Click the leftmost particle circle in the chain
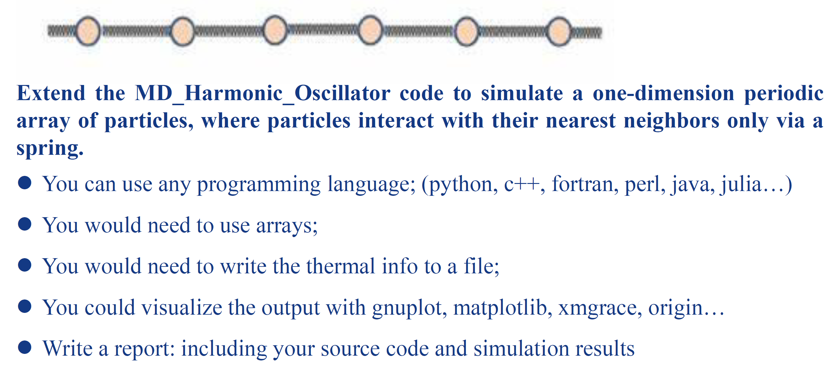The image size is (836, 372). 88,31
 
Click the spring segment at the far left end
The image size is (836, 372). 62,31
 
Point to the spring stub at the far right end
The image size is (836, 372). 586,32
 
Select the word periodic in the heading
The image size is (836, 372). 783,93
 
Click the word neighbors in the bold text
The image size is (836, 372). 671,121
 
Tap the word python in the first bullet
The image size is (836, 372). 460,185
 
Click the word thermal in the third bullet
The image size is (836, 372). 340,266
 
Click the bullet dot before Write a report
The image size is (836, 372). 25,347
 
